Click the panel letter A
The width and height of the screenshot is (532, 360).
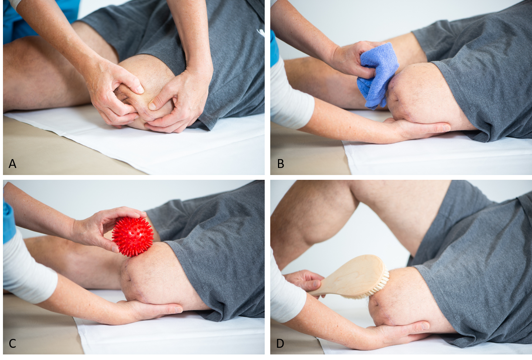pos(12,164)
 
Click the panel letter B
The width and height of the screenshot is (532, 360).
pos(281,164)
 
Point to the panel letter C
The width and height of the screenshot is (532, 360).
pos(12,344)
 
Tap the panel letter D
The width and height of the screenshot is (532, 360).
pos(280,344)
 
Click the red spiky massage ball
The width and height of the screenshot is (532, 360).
pos(132,237)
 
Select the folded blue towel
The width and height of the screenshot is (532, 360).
pos(377,75)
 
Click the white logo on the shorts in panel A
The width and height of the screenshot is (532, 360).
pos(261,33)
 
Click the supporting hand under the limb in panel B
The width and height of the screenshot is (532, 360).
pos(418,128)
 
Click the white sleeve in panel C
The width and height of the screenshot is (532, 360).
pos(28,266)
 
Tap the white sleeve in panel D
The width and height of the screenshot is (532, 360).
pos(286,297)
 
